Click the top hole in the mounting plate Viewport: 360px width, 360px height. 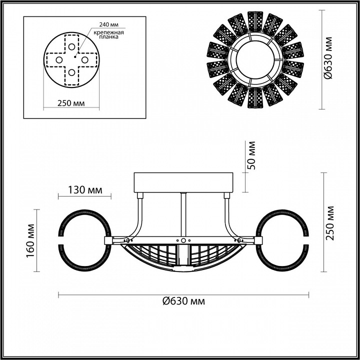72,47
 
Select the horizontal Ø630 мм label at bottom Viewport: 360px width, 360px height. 183,301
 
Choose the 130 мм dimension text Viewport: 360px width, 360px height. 84,190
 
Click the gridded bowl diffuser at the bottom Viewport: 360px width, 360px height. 183,256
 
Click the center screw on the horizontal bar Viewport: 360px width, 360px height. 183,240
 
